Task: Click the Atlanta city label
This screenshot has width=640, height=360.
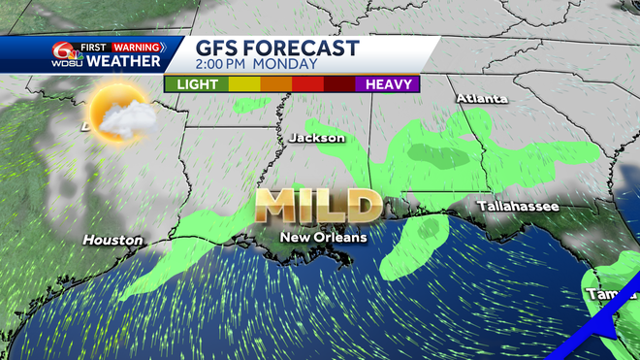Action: [482, 99]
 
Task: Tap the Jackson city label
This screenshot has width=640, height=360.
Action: [316, 138]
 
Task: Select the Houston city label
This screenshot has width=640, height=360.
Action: [112, 240]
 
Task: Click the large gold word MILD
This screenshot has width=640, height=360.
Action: [318, 206]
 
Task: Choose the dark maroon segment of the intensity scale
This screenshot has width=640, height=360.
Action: [339, 84]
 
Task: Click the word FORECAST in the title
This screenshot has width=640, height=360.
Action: [305, 48]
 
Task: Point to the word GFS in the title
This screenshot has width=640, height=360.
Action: [218, 48]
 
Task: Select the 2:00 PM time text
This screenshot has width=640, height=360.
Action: [224, 65]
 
